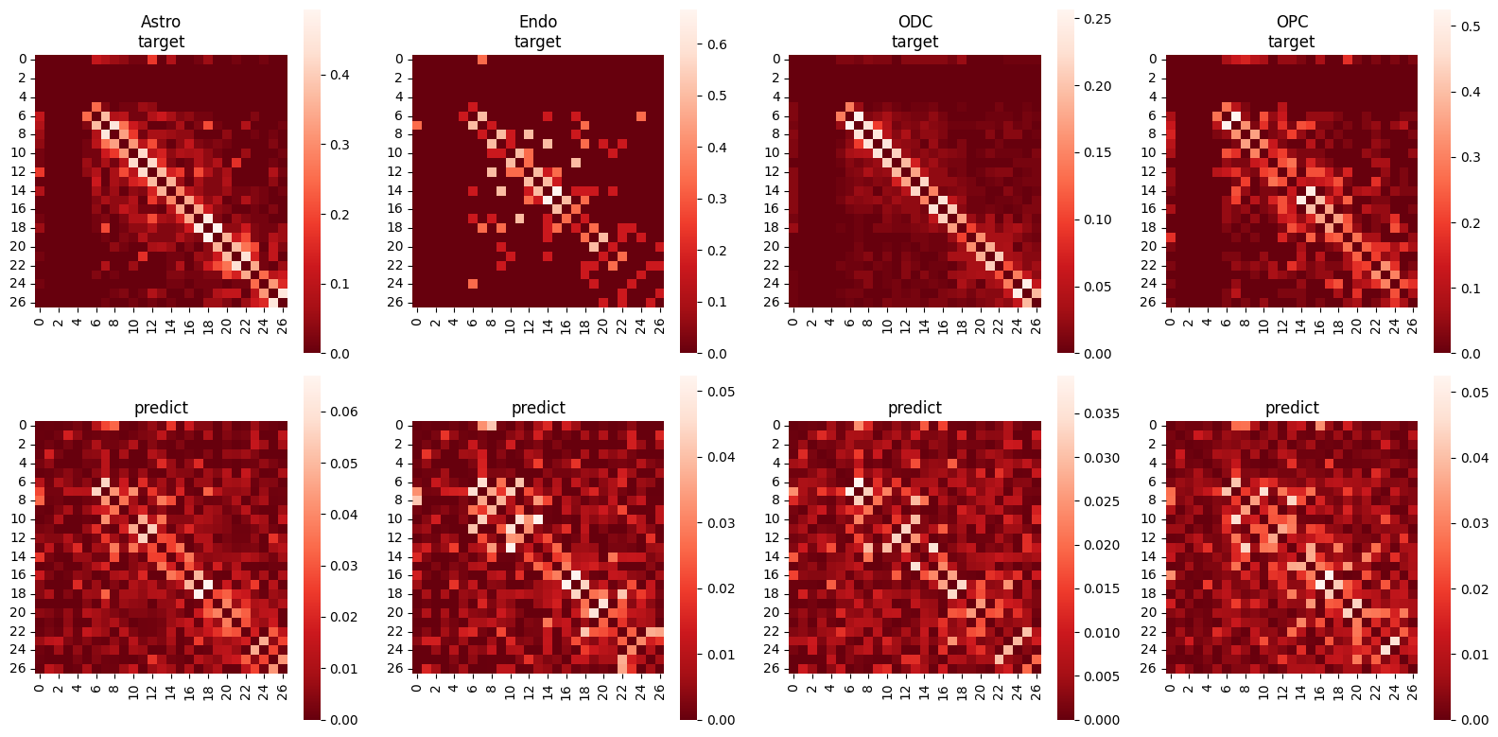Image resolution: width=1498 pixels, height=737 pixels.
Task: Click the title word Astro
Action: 161,22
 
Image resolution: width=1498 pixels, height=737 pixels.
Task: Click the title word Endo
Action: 538,22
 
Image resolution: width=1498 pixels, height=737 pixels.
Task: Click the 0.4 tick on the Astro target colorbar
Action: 340,75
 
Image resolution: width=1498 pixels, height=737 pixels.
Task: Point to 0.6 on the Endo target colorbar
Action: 717,44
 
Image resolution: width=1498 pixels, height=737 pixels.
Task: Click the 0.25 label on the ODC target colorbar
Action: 1097,19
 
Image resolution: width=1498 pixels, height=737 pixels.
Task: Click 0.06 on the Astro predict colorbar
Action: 343,412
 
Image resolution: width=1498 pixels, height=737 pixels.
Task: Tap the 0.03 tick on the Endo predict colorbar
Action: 721,523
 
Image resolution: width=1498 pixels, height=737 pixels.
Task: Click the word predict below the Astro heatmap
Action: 161,408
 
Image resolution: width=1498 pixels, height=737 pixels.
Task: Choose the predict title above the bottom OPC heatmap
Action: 1292,408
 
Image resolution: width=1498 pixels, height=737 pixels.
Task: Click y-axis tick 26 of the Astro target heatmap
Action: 22,303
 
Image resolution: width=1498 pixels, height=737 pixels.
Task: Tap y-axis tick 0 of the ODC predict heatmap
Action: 776,426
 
